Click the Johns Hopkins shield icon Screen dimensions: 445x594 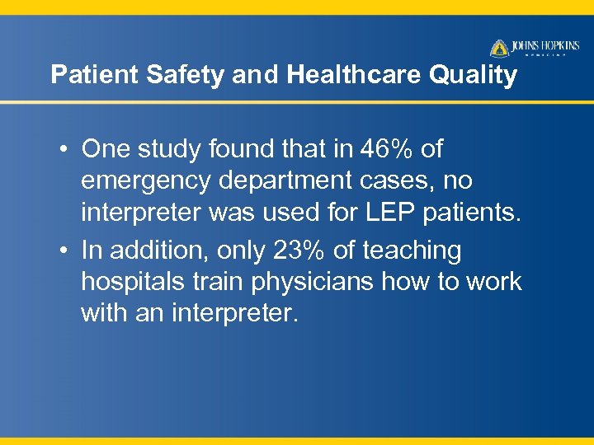(499, 48)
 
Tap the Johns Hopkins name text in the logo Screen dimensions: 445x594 (544, 45)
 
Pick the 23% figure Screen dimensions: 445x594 (300, 250)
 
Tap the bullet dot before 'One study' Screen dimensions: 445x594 (63, 150)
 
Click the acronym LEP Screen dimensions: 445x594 (391, 213)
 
